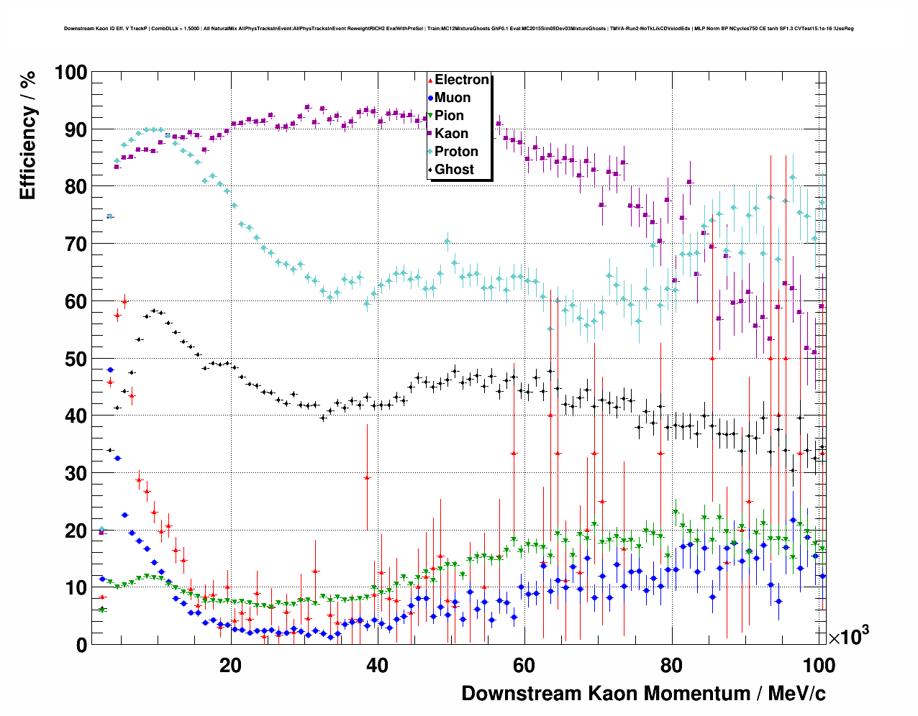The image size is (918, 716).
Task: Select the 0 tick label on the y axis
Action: (x=81, y=645)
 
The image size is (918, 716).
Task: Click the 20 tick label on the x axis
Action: (x=230, y=666)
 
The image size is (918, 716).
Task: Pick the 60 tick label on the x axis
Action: (x=524, y=666)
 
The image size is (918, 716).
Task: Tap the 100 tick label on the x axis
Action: (x=818, y=666)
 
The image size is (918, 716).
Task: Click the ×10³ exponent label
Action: (x=849, y=637)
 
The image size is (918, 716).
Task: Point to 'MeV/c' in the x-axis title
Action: (x=797, y=694)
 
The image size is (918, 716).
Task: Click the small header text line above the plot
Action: (x=458, y=29)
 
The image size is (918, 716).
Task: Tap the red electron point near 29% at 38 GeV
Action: (x=367, y=477)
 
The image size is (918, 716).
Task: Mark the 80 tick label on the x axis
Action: (x=671, y=666)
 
